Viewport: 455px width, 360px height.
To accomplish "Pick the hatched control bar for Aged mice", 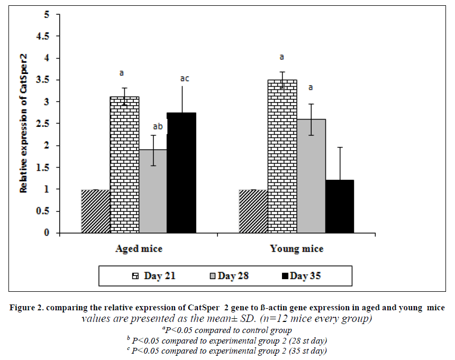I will point(96,211).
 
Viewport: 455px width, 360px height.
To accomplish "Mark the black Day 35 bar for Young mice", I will point(339,207).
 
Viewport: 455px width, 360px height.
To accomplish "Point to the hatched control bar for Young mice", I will point(253,211).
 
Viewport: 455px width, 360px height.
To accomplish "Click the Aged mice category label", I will point(139,248).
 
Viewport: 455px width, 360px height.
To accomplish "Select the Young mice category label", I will point(296,248).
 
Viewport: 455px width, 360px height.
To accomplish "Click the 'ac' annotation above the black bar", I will point(184,79).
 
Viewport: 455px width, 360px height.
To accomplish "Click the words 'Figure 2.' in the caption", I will point(28,308).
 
